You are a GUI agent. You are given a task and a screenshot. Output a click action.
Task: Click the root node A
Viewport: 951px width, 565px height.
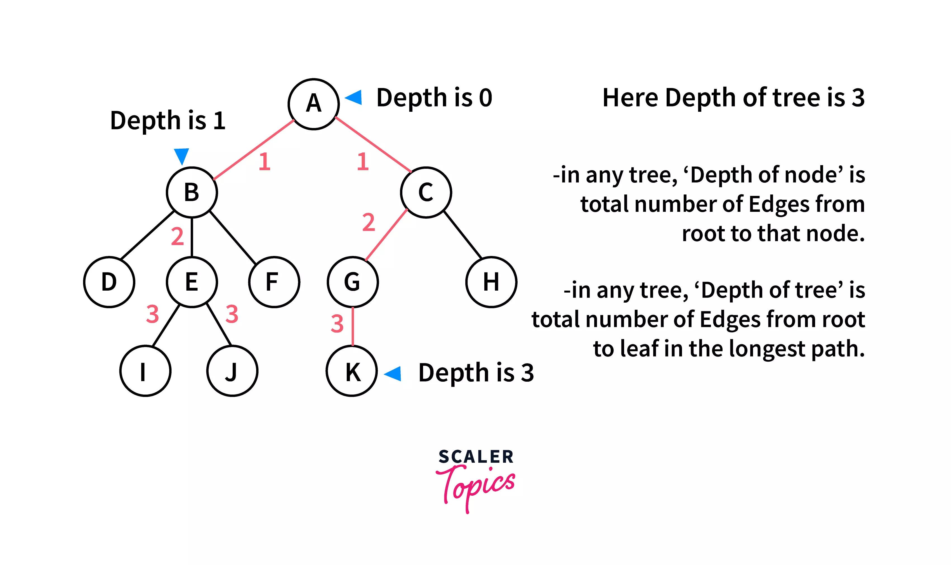[x=313, y=104]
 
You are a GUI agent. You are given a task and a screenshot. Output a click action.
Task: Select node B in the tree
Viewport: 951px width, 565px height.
[x=192, y=192]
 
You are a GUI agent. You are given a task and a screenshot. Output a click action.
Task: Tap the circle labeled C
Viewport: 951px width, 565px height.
[x=426, y=192]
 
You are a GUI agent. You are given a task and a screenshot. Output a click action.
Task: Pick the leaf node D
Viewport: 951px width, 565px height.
[x=109, y=282]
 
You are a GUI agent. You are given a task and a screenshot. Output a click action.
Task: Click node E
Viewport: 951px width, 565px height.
[x=192, y=282]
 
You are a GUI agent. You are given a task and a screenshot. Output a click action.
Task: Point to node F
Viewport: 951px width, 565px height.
[x=274, y=282]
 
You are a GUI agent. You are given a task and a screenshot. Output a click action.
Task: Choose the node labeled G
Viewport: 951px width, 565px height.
[x=352, y=282]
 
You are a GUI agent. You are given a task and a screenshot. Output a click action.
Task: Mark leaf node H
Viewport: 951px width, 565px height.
[x=491, y=282]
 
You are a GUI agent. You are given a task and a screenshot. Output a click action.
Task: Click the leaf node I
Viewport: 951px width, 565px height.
[x=145, y=371]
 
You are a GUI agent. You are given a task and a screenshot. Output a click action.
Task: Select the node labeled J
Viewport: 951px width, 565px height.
[x=232, y=371]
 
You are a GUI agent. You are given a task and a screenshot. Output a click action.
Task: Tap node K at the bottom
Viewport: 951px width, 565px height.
[x=352, y=371]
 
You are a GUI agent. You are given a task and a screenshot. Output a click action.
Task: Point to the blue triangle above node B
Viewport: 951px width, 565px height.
[x=181, y=155]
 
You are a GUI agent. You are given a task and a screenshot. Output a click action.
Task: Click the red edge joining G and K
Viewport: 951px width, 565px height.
[x=353, y=326]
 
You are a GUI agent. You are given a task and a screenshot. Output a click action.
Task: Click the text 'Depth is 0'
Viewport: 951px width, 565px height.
[x=434, y=98]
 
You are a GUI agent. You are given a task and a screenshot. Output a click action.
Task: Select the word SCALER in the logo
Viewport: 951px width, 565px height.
[x=476, y=457]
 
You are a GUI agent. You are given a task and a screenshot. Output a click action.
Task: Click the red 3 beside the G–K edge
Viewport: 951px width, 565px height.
[x=337, y=324]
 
